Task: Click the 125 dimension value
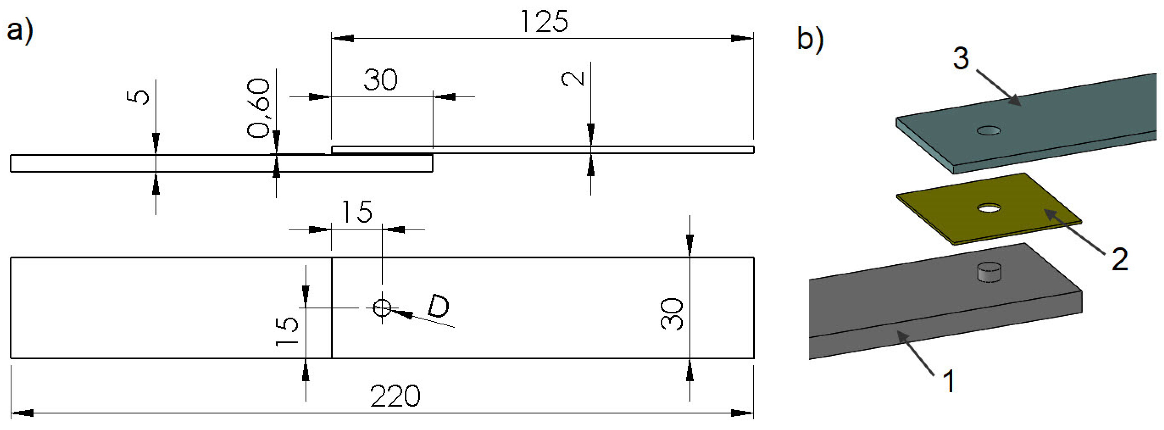544,22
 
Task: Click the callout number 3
961,59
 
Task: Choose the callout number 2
1120,259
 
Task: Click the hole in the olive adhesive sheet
989,209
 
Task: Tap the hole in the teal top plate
989,131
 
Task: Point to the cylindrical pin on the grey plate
989,272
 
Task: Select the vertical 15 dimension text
287,331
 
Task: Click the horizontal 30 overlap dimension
380,80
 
